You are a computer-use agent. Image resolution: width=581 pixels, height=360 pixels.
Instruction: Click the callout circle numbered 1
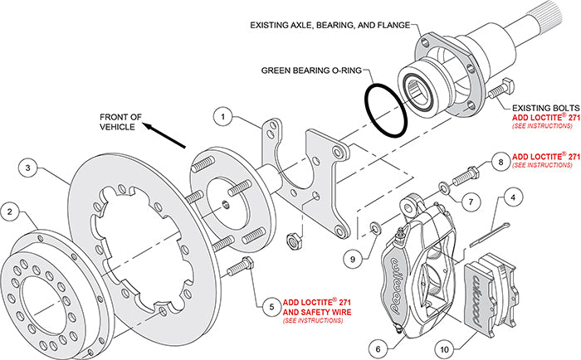[x=222, y=118]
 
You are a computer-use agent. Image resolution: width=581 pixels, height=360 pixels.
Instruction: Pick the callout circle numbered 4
[x=514, y=197]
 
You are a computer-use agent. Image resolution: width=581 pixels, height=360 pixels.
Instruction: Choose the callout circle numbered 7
[x=469, y=202]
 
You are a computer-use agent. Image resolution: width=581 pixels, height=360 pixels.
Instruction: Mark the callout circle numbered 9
[x=354, y=260]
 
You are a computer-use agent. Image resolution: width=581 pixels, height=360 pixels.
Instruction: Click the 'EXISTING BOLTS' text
[x=540, y=108]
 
